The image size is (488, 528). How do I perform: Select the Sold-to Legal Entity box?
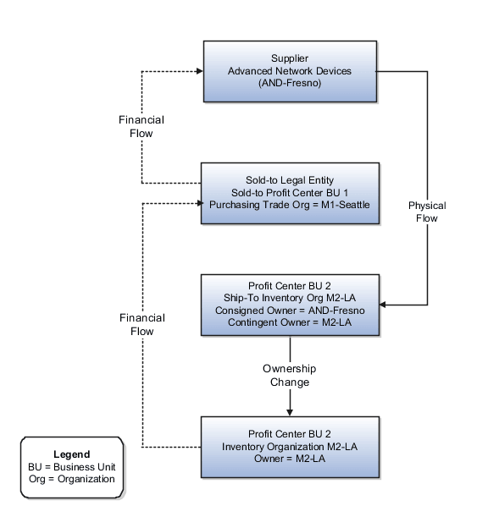pyautogui.click(x=289, y=193)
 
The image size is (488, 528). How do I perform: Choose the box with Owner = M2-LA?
pyautogui.click(x=289, y=447)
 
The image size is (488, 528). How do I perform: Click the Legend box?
pyautogui.click(x=71, y=466)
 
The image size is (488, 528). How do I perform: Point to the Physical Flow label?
pyautogui.click(x=426, y=212)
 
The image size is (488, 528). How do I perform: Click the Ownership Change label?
pyautogui.click(x=290, y=376)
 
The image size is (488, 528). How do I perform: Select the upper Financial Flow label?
pyautogui.click(x=141, y=127)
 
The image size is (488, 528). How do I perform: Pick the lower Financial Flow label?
pyautogui.click(x=141, y=325)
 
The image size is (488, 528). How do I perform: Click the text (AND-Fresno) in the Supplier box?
pyautogui.click(x=289, y=83)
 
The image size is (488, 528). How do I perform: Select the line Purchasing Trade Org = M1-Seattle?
pyautogui.click(x=289, y=204)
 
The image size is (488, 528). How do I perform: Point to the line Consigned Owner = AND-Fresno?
pyautogui.click(x=290, y=311)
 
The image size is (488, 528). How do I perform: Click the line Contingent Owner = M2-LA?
pyautogui.click(x=290, y=322)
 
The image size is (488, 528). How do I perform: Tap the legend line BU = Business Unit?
pyautogui.click(x=71, y=467)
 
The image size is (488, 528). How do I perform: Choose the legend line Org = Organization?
pyautogui.click(x=71, y=479)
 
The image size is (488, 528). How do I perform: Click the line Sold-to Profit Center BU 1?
pyautogui.click(x=289, y=192)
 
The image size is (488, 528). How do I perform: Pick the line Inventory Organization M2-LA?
pyautogui.click(x=290, y=446)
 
